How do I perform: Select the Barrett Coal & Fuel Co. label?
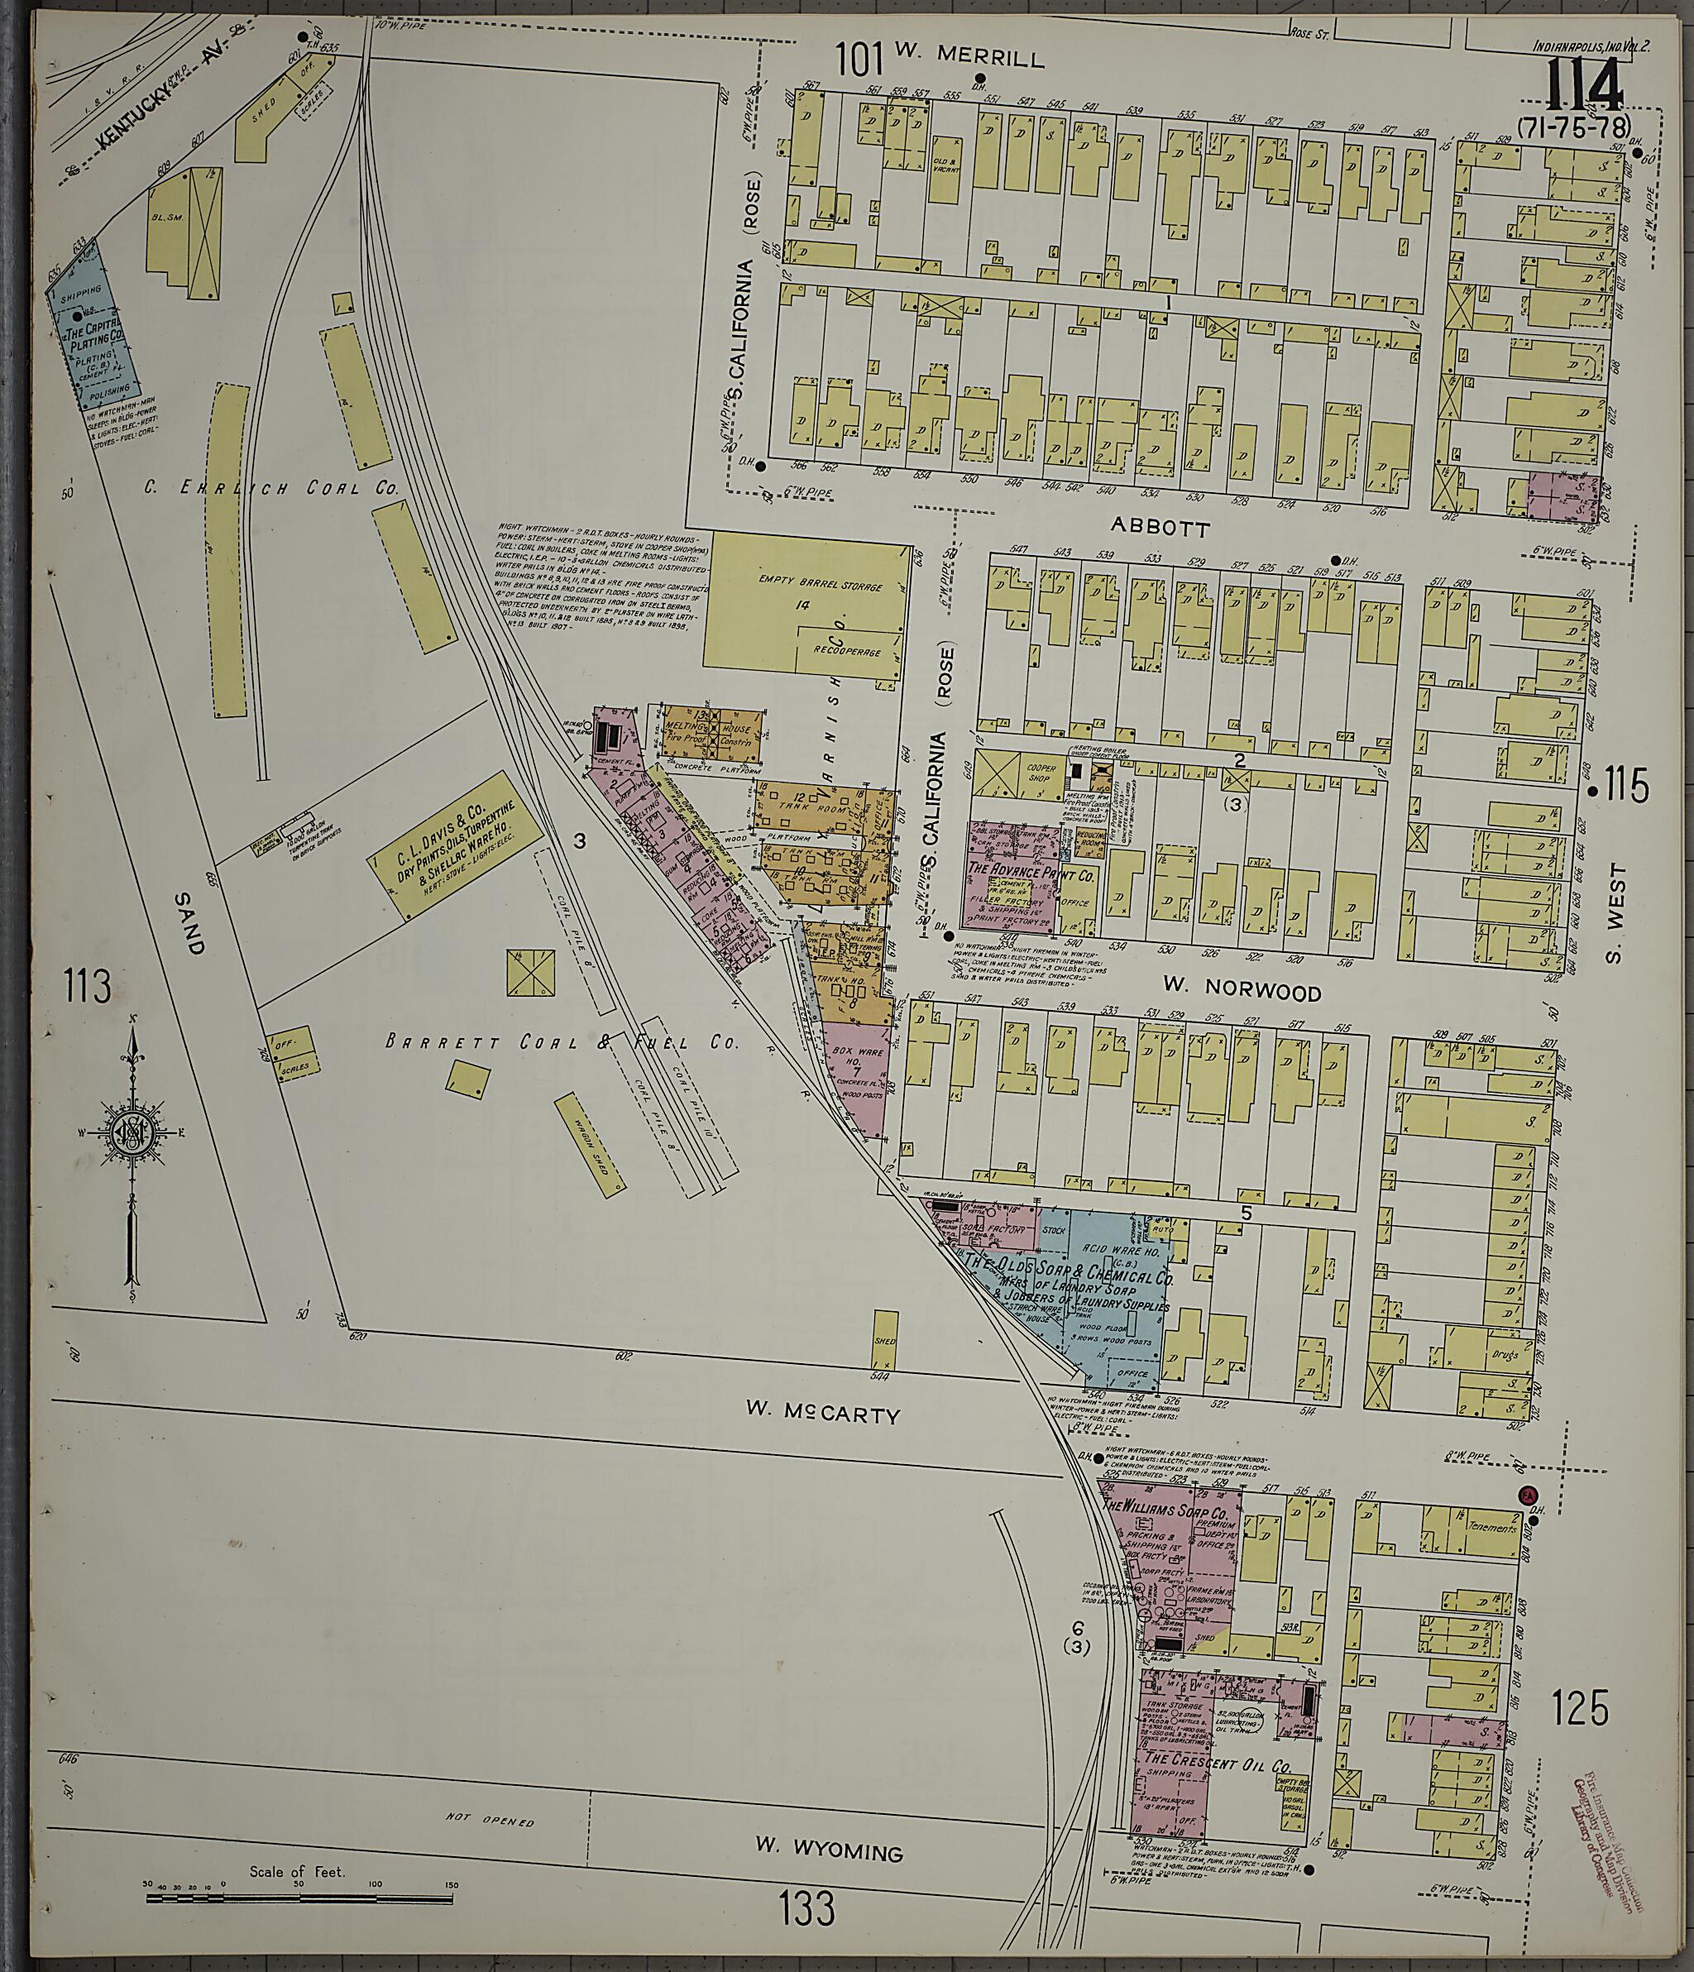coord(562,1042)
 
